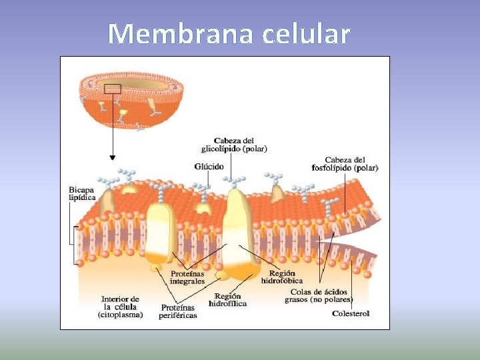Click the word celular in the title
[306, 33]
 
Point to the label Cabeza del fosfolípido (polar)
[345, 163]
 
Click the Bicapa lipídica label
[82, 193]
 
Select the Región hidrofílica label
[228, 299]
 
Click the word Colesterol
[350, 313]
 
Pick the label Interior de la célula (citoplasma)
[121, 307]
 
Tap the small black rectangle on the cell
[113, 88]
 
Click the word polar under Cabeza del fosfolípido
[365, 168]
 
